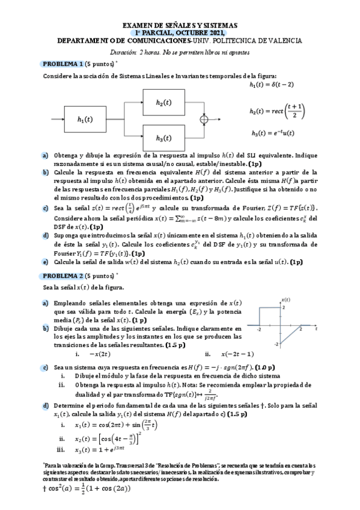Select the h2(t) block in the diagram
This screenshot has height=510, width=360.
point(159,103)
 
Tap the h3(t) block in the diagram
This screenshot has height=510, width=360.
point(159,138)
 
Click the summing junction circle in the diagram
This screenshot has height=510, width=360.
point(206,119)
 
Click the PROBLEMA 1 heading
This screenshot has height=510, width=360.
point(61,63)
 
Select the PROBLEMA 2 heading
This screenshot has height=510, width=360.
point(61,275)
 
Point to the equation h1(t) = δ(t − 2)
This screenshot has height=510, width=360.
point(271,85)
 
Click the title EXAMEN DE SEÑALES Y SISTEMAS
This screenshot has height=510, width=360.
point(180,25)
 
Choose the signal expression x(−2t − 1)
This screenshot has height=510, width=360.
point(238,354)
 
